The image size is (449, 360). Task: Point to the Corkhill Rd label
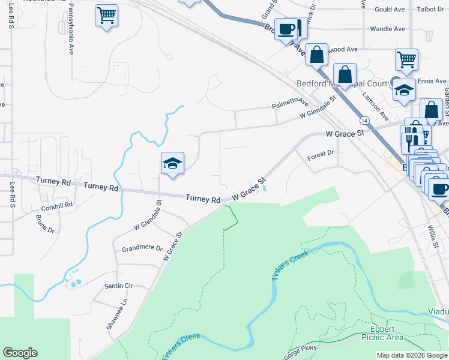click(x=56, y=205)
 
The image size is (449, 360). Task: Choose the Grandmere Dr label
click(x=142, y=248)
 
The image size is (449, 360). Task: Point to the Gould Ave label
click(x=390, y=10)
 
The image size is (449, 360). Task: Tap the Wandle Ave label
click(x=388, y=28)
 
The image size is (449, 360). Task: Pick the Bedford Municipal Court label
click(x=342, y=83)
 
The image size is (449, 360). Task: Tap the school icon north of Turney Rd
click(x=172, y=163)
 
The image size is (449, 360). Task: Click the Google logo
click(x=20, y=353)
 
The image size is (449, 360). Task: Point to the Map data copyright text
click(x=412, y=355)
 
